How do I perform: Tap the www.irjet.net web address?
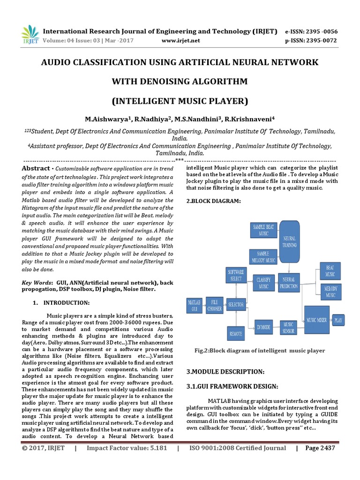click(x=180, y=41)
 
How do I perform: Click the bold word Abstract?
click(x=36, y=168)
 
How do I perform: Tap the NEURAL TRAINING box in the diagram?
click(x=289, y=241)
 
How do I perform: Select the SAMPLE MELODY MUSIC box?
click(x=263, y=256)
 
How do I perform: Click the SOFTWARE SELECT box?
click(x=236, y=275)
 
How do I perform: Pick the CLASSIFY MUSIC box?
click(x=264, y=283)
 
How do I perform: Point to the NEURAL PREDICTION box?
click(x=289, y=283)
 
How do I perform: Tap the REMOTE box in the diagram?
click(x=236, y=334)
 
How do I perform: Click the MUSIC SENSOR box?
click(x=289, y=327)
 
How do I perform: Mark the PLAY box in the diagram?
click(x=338, y=320)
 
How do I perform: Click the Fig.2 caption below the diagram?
click(x=260, y=350)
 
